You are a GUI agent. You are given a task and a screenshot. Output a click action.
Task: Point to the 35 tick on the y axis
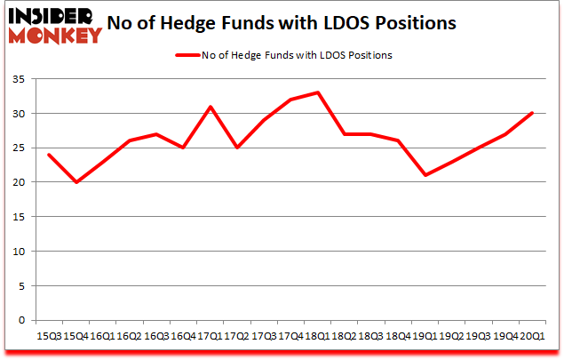point(17,80)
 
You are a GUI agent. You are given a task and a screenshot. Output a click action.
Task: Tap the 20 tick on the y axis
point(17,183)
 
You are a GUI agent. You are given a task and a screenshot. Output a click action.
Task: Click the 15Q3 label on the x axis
point(48,336)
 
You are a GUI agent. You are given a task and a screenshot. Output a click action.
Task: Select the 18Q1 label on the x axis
point(318,336)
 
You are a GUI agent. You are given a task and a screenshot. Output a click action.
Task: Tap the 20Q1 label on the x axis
point(533,336)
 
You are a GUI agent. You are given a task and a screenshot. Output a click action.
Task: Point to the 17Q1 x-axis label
point(210,336)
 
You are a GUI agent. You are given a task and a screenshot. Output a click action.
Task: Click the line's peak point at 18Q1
point(318,92)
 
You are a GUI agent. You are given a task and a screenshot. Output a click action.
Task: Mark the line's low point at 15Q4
point(75,182)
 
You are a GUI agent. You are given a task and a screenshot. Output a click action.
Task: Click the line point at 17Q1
point(210,107)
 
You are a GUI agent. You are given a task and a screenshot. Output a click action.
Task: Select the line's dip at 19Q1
point(425,175)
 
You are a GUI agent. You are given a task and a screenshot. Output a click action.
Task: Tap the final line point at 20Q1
point(533,113)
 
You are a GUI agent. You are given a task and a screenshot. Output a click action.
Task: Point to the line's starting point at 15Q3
point(48,155)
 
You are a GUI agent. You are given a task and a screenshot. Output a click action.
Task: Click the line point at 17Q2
point(237,148)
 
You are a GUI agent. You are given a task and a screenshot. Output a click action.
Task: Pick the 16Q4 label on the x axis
point(183,336)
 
